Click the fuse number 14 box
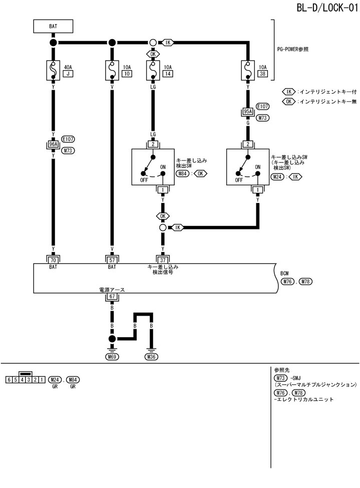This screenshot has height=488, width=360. coord(168,74)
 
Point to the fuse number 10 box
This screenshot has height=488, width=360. coord(127,74)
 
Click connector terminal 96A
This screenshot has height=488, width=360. coord(53,146)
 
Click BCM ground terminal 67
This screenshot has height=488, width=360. coord(112,297)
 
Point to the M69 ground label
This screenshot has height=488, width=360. coord(112,357)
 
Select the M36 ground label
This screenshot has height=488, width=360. coord(151,357)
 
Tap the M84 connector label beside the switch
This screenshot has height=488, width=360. coord(183,174)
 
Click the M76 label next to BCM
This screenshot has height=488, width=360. coord(287,282)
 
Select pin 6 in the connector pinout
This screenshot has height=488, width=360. coord(9,379)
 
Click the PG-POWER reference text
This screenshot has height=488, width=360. coord(293,50)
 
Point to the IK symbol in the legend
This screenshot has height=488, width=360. coord(289,92)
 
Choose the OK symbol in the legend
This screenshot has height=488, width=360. coord(289,101)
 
